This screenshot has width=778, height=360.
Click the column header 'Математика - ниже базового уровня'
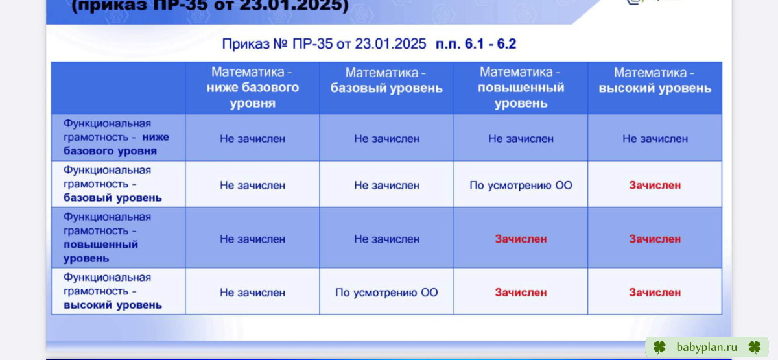(x=252, y=88)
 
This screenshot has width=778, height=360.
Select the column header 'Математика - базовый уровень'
(x=386, y=80)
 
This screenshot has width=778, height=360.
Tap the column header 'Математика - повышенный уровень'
(x=521, y=88)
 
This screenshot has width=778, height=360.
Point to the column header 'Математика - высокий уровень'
(x=655, y=80)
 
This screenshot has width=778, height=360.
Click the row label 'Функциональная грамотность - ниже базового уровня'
(x=116, y=138)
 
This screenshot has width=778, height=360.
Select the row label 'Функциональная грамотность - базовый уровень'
(x=113, y=184)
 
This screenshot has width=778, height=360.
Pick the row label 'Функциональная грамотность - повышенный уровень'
(x=107, y=237)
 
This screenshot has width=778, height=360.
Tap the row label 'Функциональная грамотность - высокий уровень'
(x=113, y=291)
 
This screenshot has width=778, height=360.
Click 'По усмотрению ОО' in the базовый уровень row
(x=521, y=186)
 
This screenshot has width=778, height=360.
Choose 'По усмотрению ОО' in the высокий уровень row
(x=386, y=293)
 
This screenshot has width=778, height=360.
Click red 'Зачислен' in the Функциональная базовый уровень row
(x=655, y=186)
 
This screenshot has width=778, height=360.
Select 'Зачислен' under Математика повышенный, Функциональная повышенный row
(x=521, y=239)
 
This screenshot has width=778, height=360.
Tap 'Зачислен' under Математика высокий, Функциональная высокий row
(x=655, y=293)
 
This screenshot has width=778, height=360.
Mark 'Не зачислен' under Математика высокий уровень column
(x=655, y=139)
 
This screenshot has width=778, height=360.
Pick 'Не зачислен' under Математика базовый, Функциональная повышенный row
(x=386, y=239)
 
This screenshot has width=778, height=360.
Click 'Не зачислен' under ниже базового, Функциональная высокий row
(x=252, y=293)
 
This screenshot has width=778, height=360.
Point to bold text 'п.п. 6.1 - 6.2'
(x=476, y=44)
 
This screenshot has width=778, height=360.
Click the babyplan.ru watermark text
(x=707, y=347)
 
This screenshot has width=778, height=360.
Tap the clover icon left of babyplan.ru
(x=659, y=347)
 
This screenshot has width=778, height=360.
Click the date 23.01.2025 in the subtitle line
(x=390, y=44)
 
